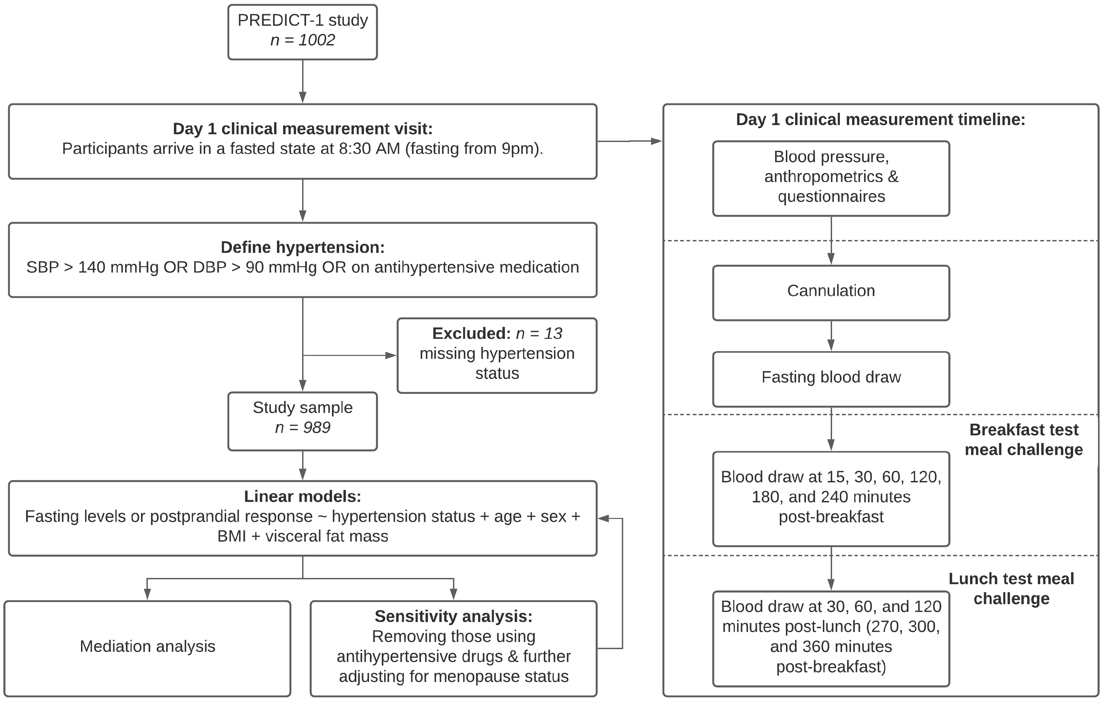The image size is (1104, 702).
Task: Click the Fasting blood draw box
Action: [831, 379]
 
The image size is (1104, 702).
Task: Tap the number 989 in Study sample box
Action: [316, 427]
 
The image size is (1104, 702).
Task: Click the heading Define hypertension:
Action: [302, 247]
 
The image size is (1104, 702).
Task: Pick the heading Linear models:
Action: [302, 496]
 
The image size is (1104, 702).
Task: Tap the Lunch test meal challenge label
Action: [1011, 589]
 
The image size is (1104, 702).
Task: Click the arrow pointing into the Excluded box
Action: [390, 355]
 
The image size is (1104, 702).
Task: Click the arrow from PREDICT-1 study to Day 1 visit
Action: [302, 82]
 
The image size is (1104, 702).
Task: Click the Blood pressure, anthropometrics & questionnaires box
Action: [831, 178]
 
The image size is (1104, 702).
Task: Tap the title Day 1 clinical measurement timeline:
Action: [880, 120]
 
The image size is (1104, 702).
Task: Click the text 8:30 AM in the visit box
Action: [369, 149]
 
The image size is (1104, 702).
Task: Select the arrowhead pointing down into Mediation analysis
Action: [147, 594]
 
